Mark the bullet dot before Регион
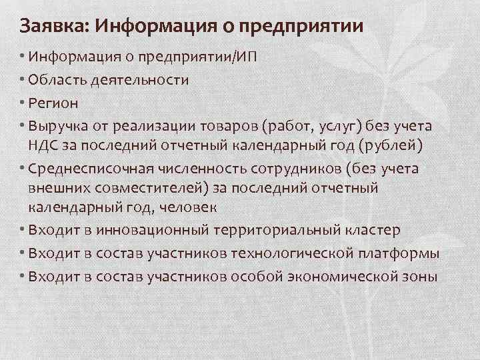pos(22,104)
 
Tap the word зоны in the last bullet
pos(420,277)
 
